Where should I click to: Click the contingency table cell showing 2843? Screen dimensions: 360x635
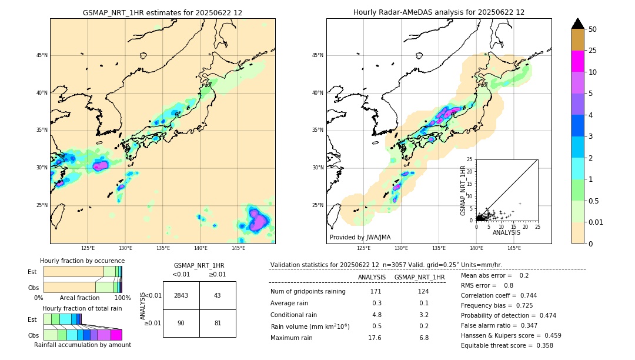coord(181,295)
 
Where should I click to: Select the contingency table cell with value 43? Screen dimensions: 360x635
coord(218,295)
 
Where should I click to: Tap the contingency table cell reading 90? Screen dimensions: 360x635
coord(181,323)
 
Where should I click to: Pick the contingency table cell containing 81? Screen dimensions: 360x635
coord(218,323)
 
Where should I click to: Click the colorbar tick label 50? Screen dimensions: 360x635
coord(593,29)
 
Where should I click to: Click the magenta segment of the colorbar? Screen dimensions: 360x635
coord(577,61)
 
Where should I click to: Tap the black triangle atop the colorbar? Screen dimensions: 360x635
coord(577,24)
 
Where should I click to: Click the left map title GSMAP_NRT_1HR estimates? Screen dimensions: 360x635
coord(162,12)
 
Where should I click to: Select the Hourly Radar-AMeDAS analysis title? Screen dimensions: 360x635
coord(439,12)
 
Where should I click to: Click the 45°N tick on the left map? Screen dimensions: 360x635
coord(42,55)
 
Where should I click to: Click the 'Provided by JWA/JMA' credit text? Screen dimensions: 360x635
coord(360,238)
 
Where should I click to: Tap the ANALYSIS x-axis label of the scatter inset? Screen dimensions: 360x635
coord(506,232)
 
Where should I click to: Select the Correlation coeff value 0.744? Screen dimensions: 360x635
coord(524,295)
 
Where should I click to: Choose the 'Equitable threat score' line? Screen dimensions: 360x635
coord(507,345)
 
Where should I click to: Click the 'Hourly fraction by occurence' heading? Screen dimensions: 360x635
coord(82,261)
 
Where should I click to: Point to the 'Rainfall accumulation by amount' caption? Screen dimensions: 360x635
coord(82,345)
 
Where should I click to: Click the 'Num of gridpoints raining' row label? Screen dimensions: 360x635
coord(308,292)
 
